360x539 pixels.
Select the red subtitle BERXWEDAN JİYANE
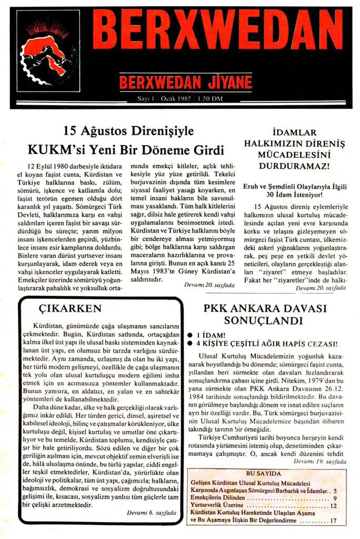(185, 83)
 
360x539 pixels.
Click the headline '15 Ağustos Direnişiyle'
(128, 131)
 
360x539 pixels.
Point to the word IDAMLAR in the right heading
(294, 132)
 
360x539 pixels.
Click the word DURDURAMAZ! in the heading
(294, 166)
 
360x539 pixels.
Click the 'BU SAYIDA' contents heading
(268, 473)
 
